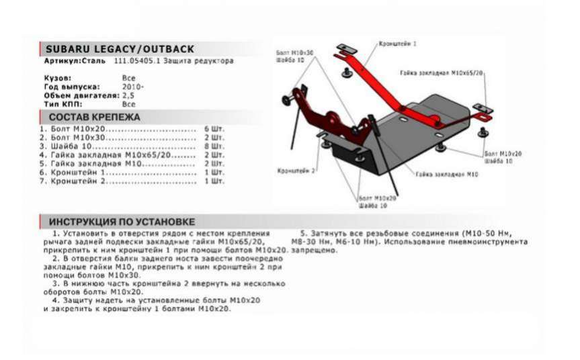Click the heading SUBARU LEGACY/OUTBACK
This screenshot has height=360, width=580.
120,49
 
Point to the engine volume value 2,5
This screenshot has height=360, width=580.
128,95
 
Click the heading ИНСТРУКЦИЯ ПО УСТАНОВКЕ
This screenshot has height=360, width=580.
122,222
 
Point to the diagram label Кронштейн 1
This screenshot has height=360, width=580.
398,43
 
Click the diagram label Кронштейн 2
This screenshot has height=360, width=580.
296,171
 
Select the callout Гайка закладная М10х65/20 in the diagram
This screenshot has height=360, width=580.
442,71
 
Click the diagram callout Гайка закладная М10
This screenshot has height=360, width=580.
446,174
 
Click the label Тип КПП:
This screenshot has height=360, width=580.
61,104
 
